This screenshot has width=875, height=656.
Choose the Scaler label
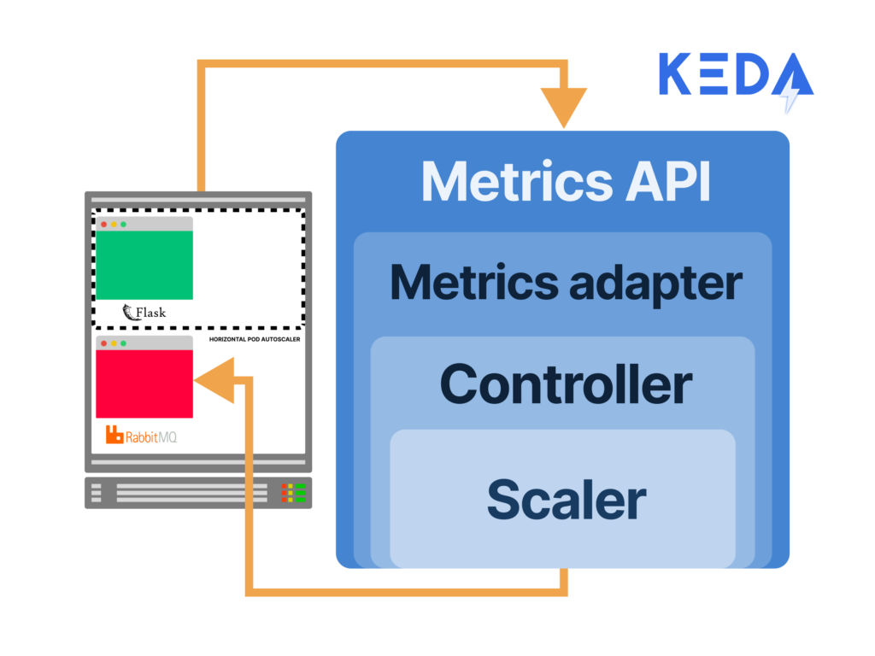tap(566, 499)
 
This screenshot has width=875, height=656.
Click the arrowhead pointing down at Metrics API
tap(563, 108)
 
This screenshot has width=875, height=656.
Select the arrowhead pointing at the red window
tap(214, 380)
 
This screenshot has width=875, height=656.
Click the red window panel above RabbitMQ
tap(144, 384)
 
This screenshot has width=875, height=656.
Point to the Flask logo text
tap(144, 312)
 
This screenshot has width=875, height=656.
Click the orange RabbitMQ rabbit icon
tap(115, 435)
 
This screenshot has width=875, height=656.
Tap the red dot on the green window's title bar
tap(104, 224)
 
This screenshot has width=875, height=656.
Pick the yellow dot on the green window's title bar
tap(114, 224)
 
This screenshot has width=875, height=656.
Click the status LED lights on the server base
tap(293, 493)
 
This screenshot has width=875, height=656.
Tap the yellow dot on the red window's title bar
tap(114, 343)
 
